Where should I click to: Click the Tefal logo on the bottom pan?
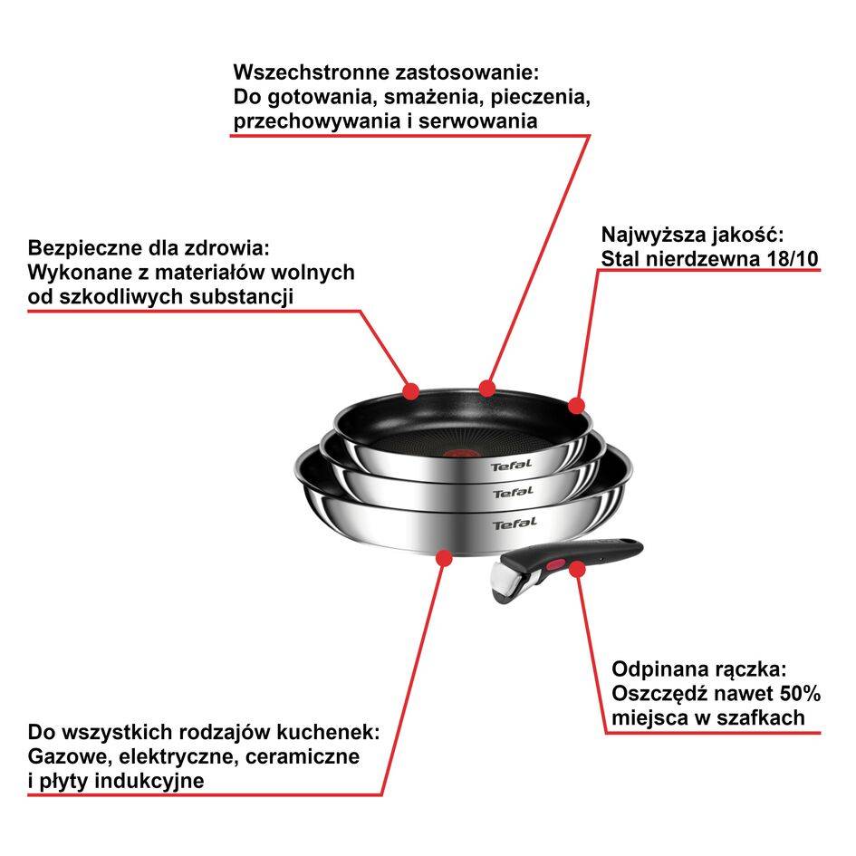[515, 524]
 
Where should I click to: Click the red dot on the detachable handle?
[574, 568]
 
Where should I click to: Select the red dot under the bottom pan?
[444, 557]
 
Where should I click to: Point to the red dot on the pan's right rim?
[576, 406]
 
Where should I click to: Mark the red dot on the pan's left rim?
[410, 391]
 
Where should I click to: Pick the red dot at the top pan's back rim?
[487, 388]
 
